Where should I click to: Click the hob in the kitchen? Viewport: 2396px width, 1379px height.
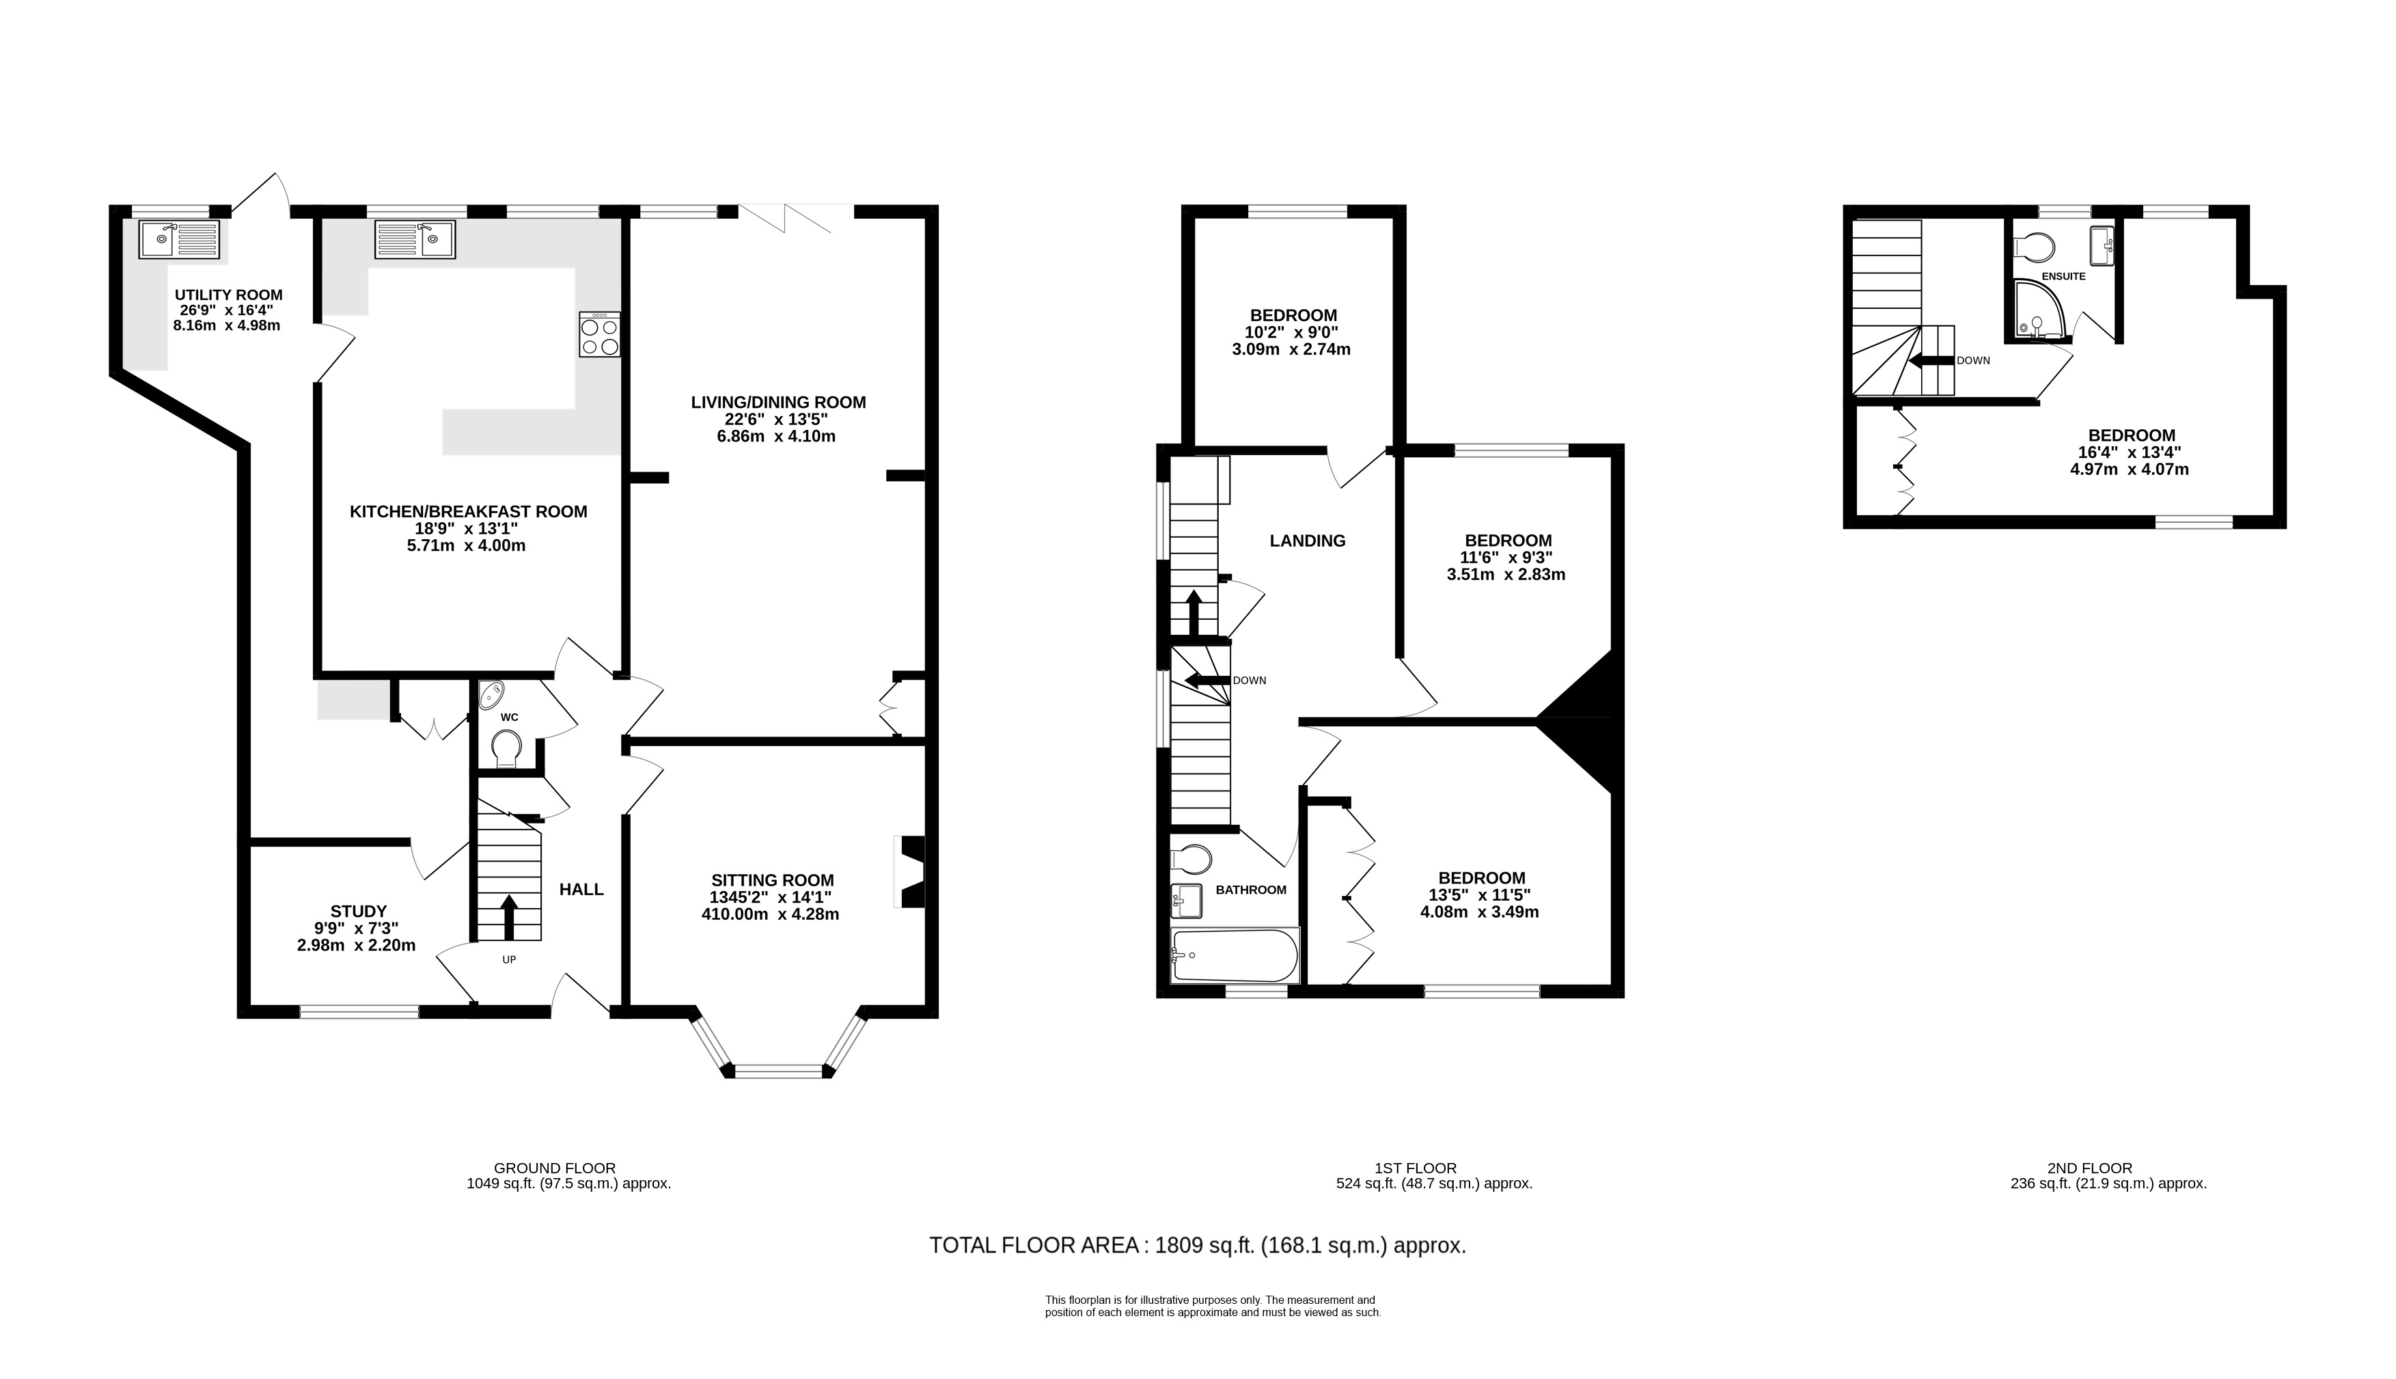(x=600, y=334)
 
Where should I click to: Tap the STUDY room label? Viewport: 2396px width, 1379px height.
(x=359, y=911)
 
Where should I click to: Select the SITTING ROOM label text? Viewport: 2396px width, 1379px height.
(x=773, y=880)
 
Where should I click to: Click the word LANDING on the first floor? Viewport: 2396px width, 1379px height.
(x=1308, y=541)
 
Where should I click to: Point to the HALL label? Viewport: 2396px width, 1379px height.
(x=581, y=889)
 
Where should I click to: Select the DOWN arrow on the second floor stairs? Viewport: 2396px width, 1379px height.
(x=1931, y=360)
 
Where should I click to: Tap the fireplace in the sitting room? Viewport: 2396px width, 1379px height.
(x=911, y=872)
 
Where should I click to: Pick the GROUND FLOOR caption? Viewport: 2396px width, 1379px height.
(x=555, y=1168)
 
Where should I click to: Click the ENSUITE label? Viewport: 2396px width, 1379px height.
(x=2064, y=277)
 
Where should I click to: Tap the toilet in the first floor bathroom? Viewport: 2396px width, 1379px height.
(x=1191, y=859)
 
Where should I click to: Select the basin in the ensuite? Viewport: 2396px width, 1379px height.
(x=2102, y=246)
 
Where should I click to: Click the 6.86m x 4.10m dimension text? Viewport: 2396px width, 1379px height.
(x=776, y=437)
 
